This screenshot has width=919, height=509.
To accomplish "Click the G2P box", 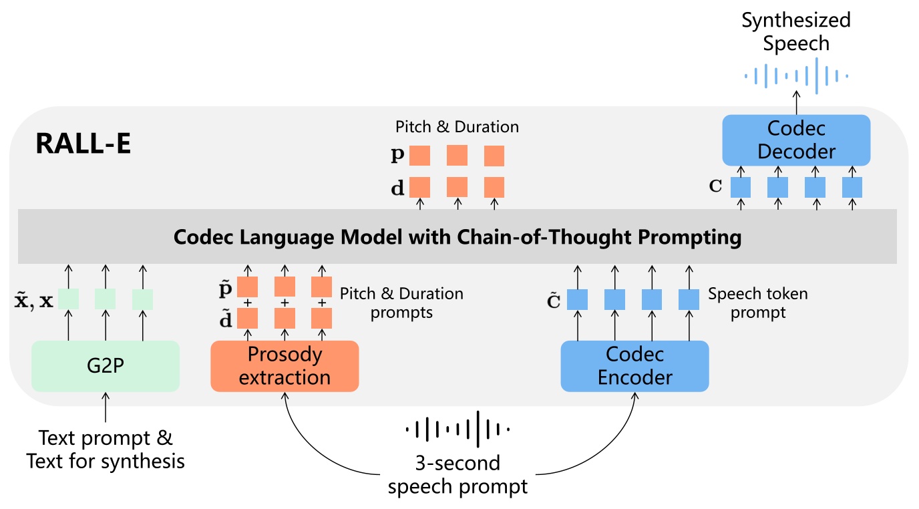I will click(x=106, y=366).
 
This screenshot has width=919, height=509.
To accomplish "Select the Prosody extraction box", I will click(x=285, y=366).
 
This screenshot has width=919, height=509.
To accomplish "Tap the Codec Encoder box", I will click(x=634, y=366).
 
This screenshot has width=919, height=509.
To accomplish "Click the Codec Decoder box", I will click(x=796, y=140).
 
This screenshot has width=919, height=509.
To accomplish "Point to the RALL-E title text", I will click(x=83, y=143).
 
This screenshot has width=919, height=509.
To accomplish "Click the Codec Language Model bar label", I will click(x=457, y=237).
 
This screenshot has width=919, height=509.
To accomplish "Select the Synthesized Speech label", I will click(x=796, y=31).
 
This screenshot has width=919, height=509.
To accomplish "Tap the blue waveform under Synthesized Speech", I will click(x=796, y=76).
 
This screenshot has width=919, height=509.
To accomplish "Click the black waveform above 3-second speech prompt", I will click(x=458, y=429).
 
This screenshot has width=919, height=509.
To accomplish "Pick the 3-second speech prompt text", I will click(x=458, y=474).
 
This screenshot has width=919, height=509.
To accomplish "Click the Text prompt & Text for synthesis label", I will click(x=106, y=450).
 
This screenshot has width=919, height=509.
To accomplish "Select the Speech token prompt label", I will click(x=757, y=303).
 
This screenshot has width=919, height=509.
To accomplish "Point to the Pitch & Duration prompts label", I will click(x=401, y=303).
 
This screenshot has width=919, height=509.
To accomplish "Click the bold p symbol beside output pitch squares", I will click(x=397, y=156).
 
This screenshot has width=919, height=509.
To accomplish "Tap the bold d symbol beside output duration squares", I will click(x=397, y=188).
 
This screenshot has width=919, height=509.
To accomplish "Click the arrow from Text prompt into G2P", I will click(x=106, y=408).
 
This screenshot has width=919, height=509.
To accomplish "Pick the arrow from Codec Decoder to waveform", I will click(x=796, y=104).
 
